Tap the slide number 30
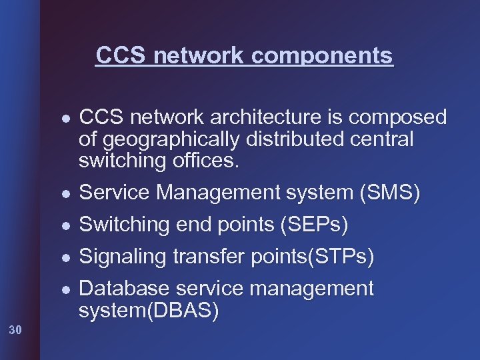[x=16, y=329]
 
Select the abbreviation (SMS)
[x=390, y=193]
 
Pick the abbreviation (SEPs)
[x=312, y=225]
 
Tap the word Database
[x=123, y=289]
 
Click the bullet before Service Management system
[x=62, y=194]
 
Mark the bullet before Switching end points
[x=62, y=226]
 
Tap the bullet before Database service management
[x=62, y=290]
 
